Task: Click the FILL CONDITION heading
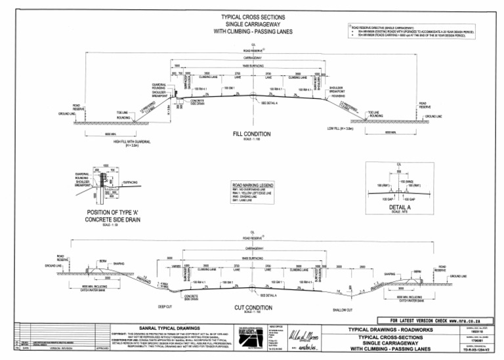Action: (251, 134)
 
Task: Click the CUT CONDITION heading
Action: (253, 306)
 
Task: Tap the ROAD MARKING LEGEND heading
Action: (252, 186)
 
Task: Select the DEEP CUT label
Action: (165, 305)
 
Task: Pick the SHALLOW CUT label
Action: (343, 310)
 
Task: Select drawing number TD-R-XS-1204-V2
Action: (477, 353)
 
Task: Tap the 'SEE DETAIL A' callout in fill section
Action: (269, 103)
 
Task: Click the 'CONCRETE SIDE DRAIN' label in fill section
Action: (199, 102)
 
